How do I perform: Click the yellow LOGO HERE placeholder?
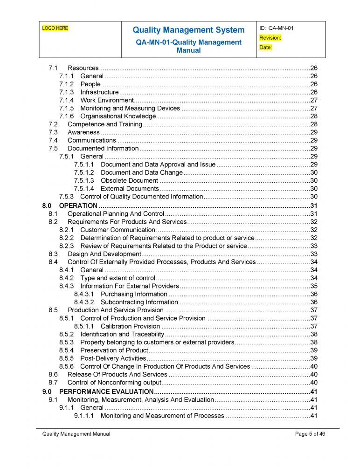click(55, 28)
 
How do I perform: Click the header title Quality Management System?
click(188, 30)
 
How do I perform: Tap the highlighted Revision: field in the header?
click(270, 38)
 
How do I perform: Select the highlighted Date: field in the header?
click(265, 48)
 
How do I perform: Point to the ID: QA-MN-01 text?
click(277, 28)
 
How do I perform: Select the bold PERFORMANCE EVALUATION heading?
click(106, 391)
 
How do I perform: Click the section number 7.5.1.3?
click(84, 180)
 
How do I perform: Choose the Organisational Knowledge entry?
click(118, 116)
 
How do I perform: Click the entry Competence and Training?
click(105, 124)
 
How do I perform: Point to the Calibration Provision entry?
click(130, 326)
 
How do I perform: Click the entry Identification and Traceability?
click(122, 334)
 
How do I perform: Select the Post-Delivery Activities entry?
click(113, 358)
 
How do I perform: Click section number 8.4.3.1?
click(84, 294)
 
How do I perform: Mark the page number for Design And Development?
click(314, 254)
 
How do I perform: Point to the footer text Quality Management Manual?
click(76, 434)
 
